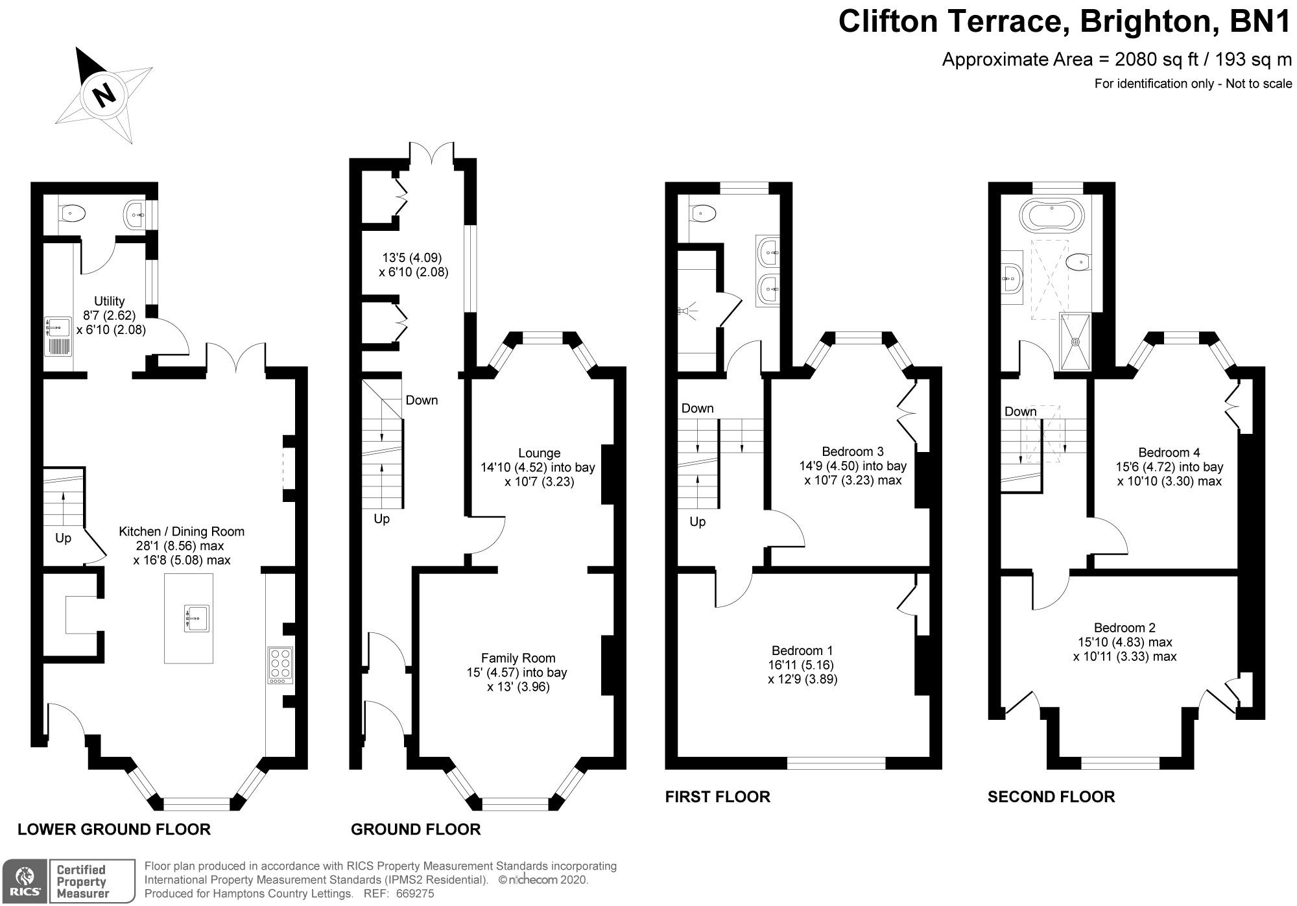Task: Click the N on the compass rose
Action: (x=104, y=95)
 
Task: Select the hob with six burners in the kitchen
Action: (x=280, y=665)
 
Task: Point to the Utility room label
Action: (x=109, y=301)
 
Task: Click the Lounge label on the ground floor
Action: (x=539, y=453)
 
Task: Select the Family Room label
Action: (x=518, y=658)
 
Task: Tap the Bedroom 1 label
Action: (x=802, y=650)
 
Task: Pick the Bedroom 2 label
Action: (x=1124, y=627)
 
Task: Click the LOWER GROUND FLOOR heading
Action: (x=113, y=829)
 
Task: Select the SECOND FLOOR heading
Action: (x=1051, y=796)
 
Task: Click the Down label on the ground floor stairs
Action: (x=422, y=400)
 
